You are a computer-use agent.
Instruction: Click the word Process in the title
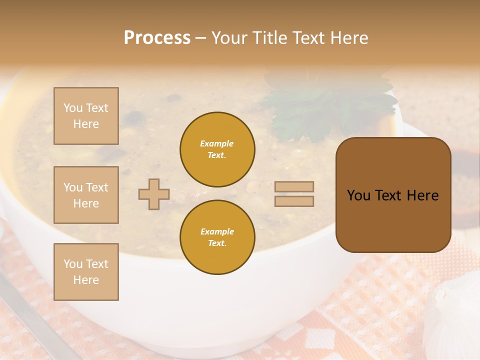[157, 38]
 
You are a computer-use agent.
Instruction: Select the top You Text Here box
[86, 116]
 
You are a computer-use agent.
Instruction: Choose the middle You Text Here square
[86, 195]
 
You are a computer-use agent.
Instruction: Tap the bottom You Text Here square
[86, 272]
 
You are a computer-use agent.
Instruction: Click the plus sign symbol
[154, 194]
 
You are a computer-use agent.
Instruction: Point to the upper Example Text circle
[217, 149]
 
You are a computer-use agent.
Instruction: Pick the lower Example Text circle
[217, 237]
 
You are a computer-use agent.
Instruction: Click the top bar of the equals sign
[294, 186]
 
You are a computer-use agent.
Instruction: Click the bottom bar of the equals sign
[294, 201]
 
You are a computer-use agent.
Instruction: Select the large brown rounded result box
[393, 195]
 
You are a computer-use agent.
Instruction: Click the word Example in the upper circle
[216, 144]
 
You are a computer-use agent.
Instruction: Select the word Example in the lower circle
[217, 232]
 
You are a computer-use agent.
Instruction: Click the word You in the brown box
[358, 195]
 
